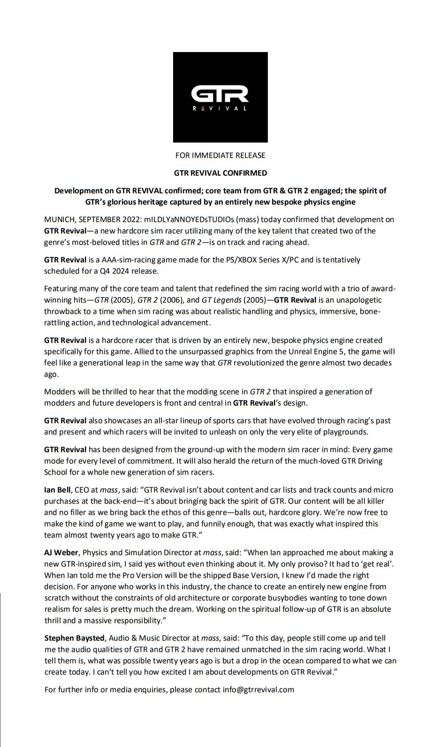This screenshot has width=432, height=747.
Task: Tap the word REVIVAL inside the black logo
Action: click(x=220, y=109)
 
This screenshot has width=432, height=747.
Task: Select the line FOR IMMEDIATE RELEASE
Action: click(x=220, y=155)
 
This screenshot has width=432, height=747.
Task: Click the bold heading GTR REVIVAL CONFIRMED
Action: click(x=220, y=173)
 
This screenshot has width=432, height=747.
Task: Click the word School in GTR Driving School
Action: click(x=56, y=472)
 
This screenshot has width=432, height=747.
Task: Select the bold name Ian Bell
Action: click(x=57, y=490)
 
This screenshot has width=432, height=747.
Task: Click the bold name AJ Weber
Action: click(x=61, y=553)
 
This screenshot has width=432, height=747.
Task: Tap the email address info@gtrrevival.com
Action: click(x=258, y=690)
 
